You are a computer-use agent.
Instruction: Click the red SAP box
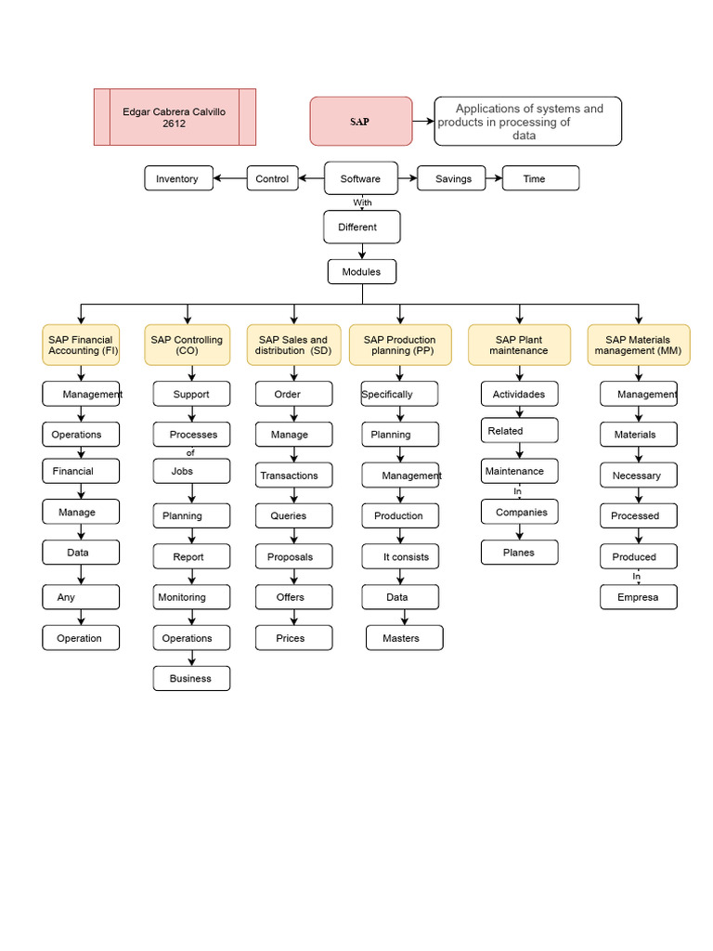point(360,122)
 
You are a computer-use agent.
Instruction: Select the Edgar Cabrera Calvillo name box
point(175,117)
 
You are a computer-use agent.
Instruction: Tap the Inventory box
point(178,178)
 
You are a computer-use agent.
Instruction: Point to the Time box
point(540,178)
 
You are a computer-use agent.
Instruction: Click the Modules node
point(361,271)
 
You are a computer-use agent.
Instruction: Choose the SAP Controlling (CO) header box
point(187,345)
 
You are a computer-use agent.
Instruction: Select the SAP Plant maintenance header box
point(519,345)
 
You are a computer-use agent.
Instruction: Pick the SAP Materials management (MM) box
point(638,345)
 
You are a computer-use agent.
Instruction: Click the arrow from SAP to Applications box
point(423,122)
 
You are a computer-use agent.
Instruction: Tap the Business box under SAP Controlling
point(191,679)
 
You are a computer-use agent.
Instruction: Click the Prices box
point(293,638)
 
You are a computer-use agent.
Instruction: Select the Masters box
point(404,638)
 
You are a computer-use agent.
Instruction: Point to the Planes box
point(519,553)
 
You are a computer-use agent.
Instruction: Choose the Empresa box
point(638,597)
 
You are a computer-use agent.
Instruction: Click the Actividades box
point(519,394)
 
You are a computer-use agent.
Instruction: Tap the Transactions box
point(293,475)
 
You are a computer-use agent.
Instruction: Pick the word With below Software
point(362,202)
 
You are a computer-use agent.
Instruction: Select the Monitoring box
point(191,597)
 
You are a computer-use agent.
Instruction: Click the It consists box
point(400,557)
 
